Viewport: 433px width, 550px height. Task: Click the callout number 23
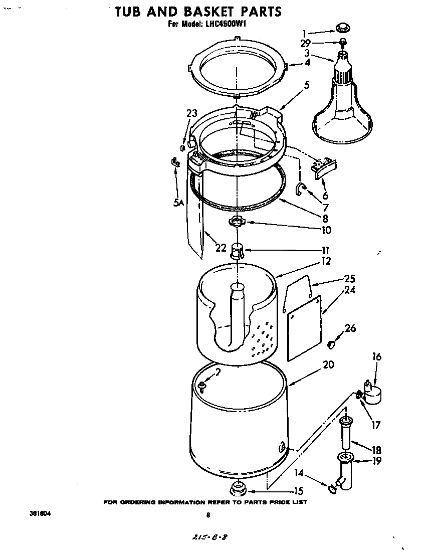pyautogui.click(x=191, y=113)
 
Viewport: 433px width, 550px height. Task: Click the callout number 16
pyautogui.click(x=376, y=357)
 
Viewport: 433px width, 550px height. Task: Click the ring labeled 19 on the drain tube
pyautogui.click(x=344, y=457)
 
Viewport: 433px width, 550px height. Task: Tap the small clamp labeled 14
pyautogui.click(x=332, y=488)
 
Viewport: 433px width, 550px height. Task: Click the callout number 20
pyautogui.click(x=328, y=365)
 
